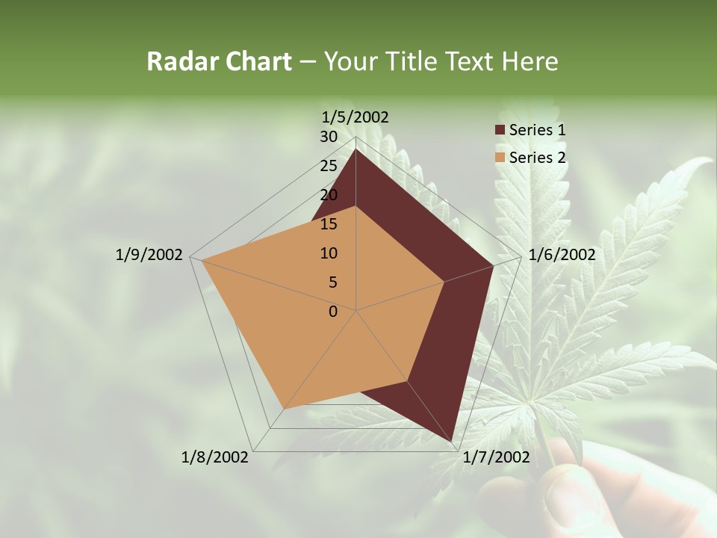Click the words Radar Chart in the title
point(219,62)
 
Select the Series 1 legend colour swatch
point(500,130)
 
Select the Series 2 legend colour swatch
point(500,158)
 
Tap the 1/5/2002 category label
point(356,117)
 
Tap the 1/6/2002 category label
point(562,255)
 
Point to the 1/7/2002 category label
point(496,457)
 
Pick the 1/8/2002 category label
point(215,457)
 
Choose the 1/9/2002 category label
point(149,255)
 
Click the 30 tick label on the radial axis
point(329,137)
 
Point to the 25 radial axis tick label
point(329,166)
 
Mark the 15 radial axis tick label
point(329,224)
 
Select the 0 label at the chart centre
point(333,312)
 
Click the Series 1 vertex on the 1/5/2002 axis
point(356,149)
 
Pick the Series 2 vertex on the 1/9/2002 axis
point(202,261)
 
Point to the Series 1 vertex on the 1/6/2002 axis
point(493,266)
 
